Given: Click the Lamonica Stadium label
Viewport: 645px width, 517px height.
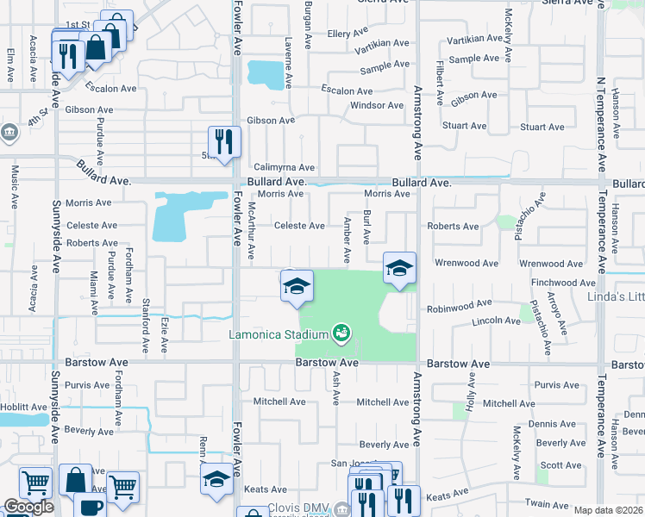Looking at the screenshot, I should point(278,334).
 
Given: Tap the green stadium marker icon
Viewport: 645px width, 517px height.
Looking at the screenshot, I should point(341,332).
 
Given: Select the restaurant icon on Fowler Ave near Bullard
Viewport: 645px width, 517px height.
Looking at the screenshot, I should point(224,142).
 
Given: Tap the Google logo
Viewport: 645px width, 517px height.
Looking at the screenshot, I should point(28,507).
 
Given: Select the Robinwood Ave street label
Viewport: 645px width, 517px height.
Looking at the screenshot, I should point(458,304).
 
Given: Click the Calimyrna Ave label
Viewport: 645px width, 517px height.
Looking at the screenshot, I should point(284,167).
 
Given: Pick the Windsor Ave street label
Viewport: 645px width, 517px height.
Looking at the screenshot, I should point(377,106).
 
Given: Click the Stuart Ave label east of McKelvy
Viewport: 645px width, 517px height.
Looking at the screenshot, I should point(542,128).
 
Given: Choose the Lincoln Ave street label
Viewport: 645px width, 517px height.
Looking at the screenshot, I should point(496,321).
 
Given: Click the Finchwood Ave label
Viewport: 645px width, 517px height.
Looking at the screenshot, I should point(555,283).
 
